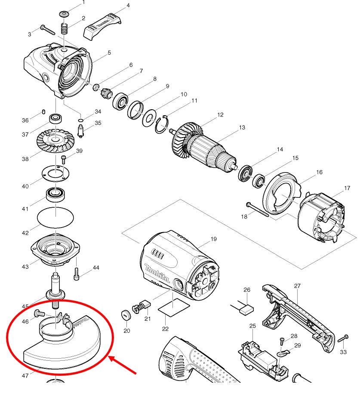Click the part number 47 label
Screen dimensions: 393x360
click(x=26, y=375)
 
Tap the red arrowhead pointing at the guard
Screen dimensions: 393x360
click(x=113, y=358)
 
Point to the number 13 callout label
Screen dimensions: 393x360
click(x=242, y=128)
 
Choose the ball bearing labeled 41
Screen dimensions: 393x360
click(x=55, y=194)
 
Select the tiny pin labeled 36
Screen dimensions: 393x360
click(x=44, y=112)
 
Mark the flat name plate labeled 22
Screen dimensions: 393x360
click(x=173, y=307)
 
